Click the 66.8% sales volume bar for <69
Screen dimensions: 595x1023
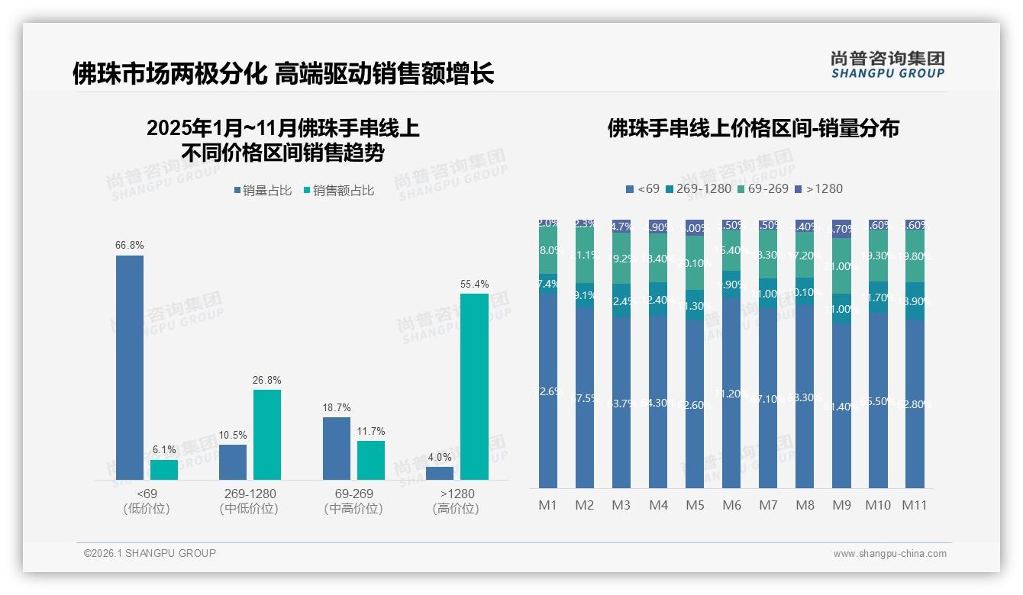coord(130,367)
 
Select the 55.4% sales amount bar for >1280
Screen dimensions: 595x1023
coord(474,386)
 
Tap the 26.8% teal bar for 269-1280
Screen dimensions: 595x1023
coord(267,434)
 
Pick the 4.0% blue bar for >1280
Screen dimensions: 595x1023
coord(440,473)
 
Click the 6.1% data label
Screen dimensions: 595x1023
coord(163,450)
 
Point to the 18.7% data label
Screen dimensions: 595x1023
coord(336,408)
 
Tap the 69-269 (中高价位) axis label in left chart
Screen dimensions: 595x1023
coord(353,501)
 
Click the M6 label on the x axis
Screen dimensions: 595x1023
coord(731,505)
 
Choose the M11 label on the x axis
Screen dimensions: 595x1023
coord(915,505)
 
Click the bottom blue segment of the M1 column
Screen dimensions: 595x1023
coord(548,390)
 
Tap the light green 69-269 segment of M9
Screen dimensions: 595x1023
coord(841,265)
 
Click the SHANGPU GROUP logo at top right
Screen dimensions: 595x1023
coord(887,65)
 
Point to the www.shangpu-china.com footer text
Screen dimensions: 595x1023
coord(889,554)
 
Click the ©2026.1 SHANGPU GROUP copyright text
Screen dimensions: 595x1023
coord(150,553)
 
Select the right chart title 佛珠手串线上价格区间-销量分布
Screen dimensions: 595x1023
coord(753,128)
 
